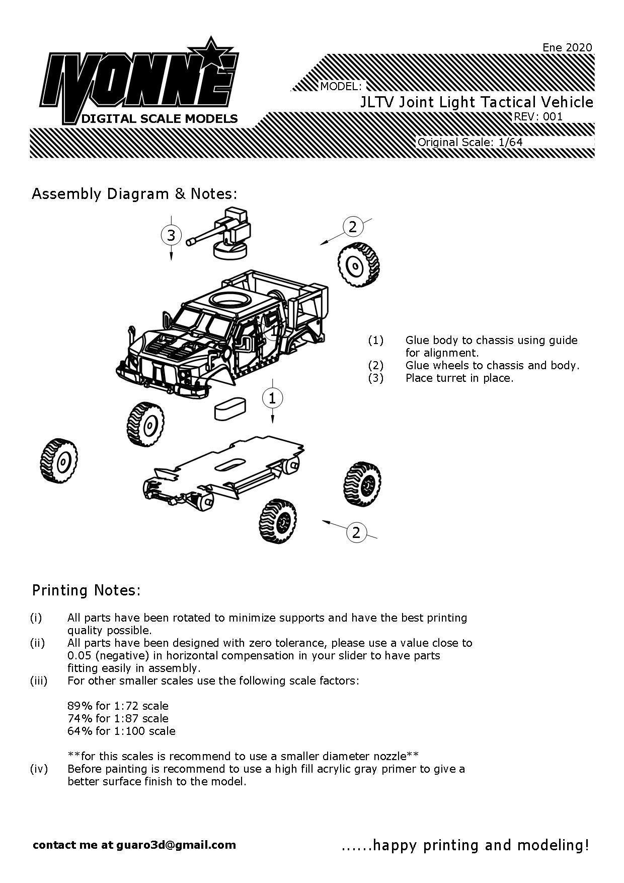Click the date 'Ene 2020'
[x=567, y=47]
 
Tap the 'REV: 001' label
[x=537, y=116]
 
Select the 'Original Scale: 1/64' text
[x=470, y=142]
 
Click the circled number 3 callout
[x=171, y=235]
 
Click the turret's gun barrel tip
[x=190, y=242]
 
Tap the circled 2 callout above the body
[x=352, y=227]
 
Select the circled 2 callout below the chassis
[x=356, y=532]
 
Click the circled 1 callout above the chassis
[x=272, y=398]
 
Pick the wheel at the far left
[x=59, y=461]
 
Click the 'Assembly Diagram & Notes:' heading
[x=134, y=194]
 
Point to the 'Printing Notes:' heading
[x=86, y=590]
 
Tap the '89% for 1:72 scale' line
[x=118, y=706]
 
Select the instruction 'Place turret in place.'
[x=459, y=378]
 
